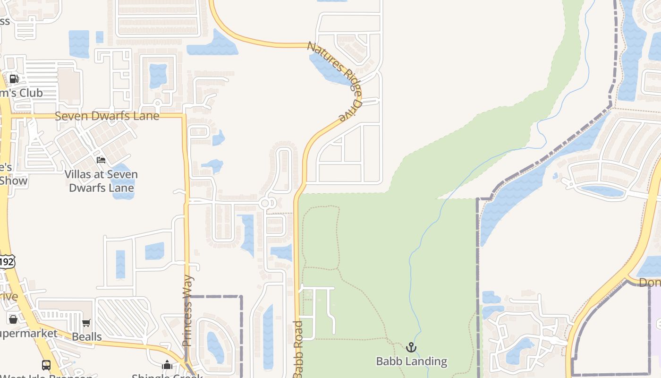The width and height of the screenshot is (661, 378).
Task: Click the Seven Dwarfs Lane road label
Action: (107, 116)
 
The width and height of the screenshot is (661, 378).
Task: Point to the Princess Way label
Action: (187, 310)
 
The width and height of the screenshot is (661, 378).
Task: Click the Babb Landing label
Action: (411, 361)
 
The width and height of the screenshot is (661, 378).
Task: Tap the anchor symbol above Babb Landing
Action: (411, 348)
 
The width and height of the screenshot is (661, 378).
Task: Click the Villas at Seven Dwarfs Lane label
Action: (101, 181)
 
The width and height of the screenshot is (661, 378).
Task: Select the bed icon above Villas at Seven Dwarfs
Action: (101, 160)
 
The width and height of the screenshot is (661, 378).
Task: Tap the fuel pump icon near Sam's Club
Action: (14, 79)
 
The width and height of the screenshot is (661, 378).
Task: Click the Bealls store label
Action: (87, 337)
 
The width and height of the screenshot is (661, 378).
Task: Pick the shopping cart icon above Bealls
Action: (86, 323)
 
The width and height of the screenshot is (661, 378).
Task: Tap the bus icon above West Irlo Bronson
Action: (46, 365)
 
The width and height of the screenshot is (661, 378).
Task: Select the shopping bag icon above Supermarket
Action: (13, 319)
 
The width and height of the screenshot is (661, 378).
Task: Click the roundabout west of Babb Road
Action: (265, 203)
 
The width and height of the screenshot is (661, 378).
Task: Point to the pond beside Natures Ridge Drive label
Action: (326, 69)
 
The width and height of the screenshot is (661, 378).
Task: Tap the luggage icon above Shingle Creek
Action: (167, 365)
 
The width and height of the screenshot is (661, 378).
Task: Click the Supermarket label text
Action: (28, 334)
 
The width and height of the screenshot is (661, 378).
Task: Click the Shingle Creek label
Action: (167, 376)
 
